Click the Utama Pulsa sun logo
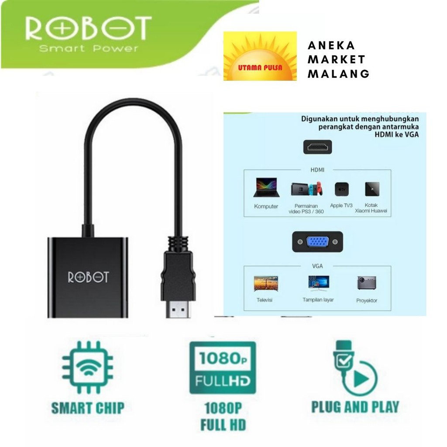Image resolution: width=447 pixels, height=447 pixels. click(x=260, y=56)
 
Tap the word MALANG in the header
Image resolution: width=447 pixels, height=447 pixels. click(x=339, y=74)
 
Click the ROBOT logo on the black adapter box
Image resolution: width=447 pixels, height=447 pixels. click(x=88, y=277)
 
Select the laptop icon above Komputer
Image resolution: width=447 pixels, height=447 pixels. click(x=266, y=188)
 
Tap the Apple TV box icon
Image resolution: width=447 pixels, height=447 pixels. click(x=341, y=189)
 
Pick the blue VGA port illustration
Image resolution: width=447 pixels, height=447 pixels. click(x=317, y=241)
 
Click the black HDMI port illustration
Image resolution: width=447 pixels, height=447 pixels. click(x=317, y=147)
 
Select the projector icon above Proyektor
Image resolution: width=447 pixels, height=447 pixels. click(x=367, y=283)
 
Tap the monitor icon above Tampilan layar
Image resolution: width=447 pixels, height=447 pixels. click(x=319, y=283)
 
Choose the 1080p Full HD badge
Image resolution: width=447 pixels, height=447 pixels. click(x=223, y=368)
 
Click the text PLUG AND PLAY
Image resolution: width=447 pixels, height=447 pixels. click(x=355, y=406)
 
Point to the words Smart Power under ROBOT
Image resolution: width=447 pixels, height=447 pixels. click(x=89, y=48)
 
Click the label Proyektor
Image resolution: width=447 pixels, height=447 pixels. click(x=367, y=301)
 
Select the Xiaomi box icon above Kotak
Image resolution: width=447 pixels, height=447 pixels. click(x=372, y=189)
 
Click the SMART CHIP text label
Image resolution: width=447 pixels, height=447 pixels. click(x=88, y=408)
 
